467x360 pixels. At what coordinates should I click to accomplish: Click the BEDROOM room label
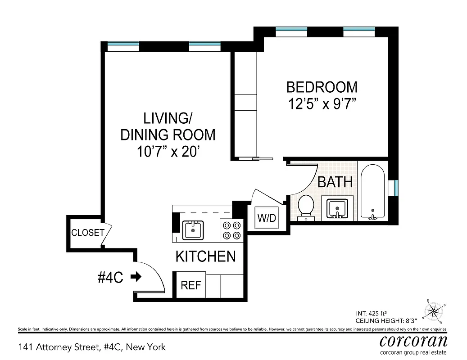click(322, 86)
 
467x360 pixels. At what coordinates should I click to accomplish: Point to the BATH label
click(335, 182)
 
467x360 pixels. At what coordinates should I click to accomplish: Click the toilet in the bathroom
click(306, 207)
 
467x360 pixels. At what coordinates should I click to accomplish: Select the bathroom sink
click(337, 208)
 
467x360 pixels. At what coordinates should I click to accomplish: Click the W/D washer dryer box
click(266, 218)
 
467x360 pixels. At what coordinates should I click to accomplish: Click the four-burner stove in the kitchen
click(231, 230)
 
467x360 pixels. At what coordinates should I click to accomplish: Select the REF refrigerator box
click(190, 285)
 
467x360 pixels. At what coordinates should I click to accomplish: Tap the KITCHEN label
click(205, 256)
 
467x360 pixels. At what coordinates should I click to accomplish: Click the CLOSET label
click(88, 233)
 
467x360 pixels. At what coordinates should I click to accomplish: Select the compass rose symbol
click(434, 310)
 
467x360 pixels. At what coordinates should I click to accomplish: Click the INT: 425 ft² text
click(372, 314)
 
